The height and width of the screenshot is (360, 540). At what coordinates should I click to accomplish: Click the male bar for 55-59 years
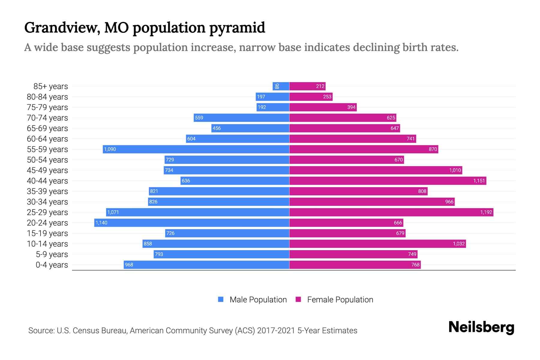(x=196, y=149)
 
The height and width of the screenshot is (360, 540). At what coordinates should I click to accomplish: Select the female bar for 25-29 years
(x=391, y=212)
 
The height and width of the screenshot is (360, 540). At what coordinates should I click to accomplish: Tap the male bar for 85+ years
(x=281, y=86)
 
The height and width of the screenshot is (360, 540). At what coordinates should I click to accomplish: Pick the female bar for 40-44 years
(x=388, y=181)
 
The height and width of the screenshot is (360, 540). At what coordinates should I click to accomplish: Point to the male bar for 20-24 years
(x=192, y=223)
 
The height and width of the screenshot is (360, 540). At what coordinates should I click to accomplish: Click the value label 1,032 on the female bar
(x=459, y=244)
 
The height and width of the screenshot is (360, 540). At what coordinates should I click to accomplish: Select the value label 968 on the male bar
(x=129, y=265)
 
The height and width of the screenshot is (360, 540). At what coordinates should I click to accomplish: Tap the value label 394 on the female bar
(x=351, y=107)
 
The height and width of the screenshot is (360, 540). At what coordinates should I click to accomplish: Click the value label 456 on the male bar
(x=217, y=128)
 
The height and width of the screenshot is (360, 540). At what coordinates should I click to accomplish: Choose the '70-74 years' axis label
(x=47, y=118)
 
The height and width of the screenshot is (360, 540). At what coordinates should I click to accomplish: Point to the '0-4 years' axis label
(x=52, y=265)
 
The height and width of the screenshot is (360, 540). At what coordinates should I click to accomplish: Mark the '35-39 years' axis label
(x=47, y=191)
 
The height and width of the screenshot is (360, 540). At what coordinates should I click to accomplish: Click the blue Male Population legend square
(x=221, y=299)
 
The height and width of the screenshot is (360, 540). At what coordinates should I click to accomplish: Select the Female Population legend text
(x=340, y=299)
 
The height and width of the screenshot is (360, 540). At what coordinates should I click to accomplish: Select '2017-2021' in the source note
(x=276, y=330)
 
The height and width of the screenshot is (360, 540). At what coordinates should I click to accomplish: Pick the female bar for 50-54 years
(x=346, y=160)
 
